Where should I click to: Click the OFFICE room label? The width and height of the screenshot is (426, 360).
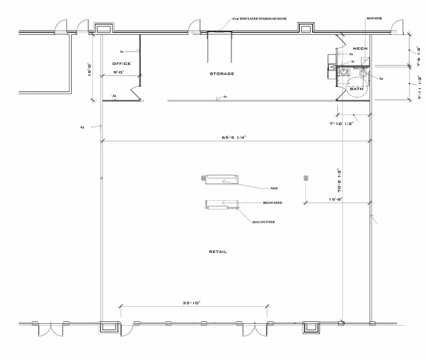coord(121,64)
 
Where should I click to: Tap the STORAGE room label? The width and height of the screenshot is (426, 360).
coord(222,73)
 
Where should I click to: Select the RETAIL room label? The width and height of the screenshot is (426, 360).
coord(218,252)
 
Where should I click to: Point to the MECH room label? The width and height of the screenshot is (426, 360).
coord(360,48)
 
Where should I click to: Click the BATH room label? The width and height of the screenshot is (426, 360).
coord(356,89)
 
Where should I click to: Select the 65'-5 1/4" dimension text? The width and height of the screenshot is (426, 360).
coord(234,137)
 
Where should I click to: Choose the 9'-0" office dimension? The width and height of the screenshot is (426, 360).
coord(121,72)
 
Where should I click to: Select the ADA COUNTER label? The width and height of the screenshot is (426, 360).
coord(261,222)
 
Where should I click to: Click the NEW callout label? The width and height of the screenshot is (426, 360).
coord(274,188)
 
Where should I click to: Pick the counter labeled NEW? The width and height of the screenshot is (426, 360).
coord(220,179)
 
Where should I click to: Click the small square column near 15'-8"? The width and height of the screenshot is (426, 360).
coord(305,178)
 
